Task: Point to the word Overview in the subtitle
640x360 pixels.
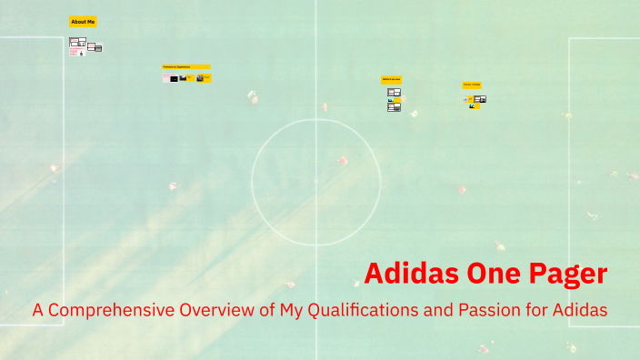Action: pyautogui.click(x=218, y=310)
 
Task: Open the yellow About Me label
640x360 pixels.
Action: pyautogui.click(x=83, y=21)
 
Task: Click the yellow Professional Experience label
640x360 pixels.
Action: pyautogui.click(x=186, y=66)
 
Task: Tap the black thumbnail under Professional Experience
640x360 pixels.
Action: pyautogui.click(x=174, y=79)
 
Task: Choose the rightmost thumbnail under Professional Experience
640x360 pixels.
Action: pyautogui.click(x=207, y=78)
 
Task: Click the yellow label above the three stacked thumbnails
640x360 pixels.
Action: pyautogui.click(x=392, y=80)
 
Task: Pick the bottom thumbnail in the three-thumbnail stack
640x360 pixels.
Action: pyautogui.click(x=394, y=108)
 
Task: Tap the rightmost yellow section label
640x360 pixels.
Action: pyautogui.click(x=472, y=85)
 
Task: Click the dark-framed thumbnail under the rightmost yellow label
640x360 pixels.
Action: pyautogui.click(x=481, y=98)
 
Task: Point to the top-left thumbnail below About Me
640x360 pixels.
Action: pyautogui.click(x=77, y=42)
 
